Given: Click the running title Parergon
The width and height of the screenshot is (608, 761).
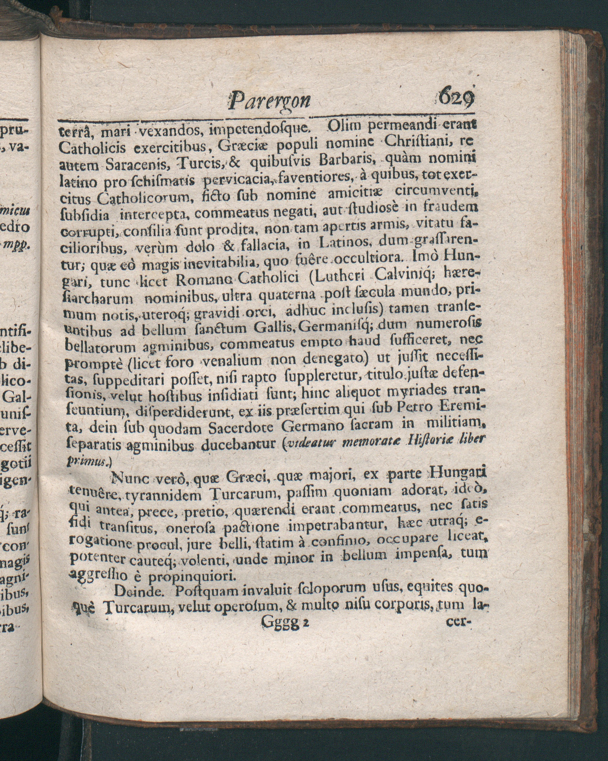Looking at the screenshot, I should tap(270, 100).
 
